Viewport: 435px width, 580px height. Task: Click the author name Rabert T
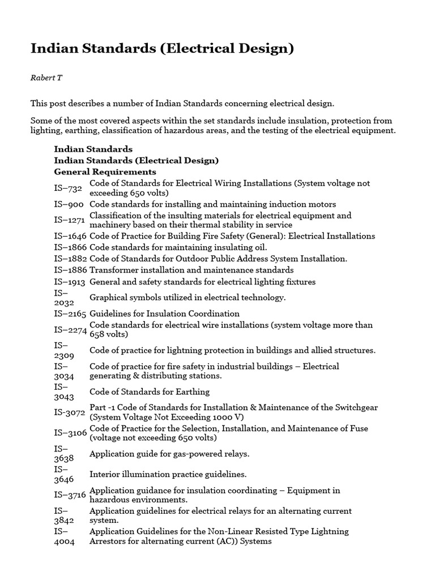pos(46,78)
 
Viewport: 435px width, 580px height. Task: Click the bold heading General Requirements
pos(105,172)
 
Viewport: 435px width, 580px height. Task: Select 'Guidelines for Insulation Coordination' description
pos(164,313)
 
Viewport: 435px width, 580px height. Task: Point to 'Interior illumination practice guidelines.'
pos(168,474)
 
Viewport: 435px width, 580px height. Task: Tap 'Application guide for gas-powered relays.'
pos(169,454)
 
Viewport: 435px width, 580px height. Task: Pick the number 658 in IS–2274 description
pos(97,334)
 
